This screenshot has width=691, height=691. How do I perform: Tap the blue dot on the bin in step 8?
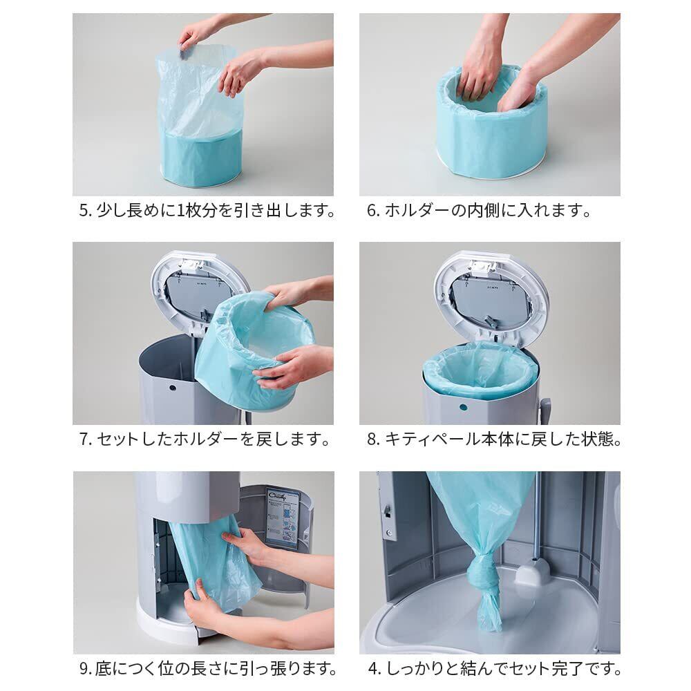[463, 407]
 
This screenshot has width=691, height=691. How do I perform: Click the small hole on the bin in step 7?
[172, 388]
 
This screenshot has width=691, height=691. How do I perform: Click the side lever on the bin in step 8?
[545, 410]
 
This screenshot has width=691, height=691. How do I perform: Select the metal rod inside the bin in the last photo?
[535, 516]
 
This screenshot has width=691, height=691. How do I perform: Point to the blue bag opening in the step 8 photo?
[480, 369]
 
